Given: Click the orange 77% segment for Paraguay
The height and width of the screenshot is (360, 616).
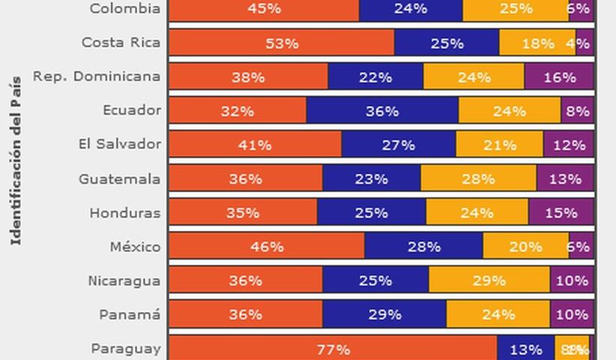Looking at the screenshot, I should click(x=332, y=349).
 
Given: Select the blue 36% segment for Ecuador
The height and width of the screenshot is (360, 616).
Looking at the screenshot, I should click(x=382, y=110).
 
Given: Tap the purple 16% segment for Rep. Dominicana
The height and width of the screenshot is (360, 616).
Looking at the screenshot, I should click(x=559, y=76).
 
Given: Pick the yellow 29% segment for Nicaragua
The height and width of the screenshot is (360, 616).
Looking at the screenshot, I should click(x=489, y=280).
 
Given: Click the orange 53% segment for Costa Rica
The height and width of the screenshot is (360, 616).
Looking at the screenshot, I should click(x=281, y=43).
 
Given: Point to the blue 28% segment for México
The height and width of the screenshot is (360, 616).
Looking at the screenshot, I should click(x=423, y=246).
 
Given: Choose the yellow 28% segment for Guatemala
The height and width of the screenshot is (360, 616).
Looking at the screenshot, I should click(x=478, y=178).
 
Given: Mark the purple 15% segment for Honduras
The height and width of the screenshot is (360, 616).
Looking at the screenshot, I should click(x=561, y=212).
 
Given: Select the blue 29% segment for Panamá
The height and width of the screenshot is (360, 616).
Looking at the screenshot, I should click(x=384, y=314).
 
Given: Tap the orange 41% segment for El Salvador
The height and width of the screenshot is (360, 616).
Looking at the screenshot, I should click(x=254, y=145).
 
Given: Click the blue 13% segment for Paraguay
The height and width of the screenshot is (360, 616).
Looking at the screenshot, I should click(x=525, y=349).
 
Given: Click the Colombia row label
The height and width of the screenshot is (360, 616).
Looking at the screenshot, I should click(x=124, y=8).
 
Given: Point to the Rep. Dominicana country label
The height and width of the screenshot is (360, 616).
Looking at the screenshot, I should click(x=96, y=76).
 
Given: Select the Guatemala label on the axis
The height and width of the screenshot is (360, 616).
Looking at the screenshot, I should click(x=119, y=178).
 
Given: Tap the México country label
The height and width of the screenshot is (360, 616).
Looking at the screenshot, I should click(x=135, y=246).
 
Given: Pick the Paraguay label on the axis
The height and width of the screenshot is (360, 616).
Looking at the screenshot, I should click(x=125, y=348).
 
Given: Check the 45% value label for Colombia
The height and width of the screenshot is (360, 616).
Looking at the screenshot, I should click(x=264, y=9).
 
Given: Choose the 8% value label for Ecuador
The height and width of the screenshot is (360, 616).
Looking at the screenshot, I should click(x=578, y=111).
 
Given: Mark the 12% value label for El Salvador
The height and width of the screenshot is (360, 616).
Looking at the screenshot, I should click(x=569, y=145).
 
